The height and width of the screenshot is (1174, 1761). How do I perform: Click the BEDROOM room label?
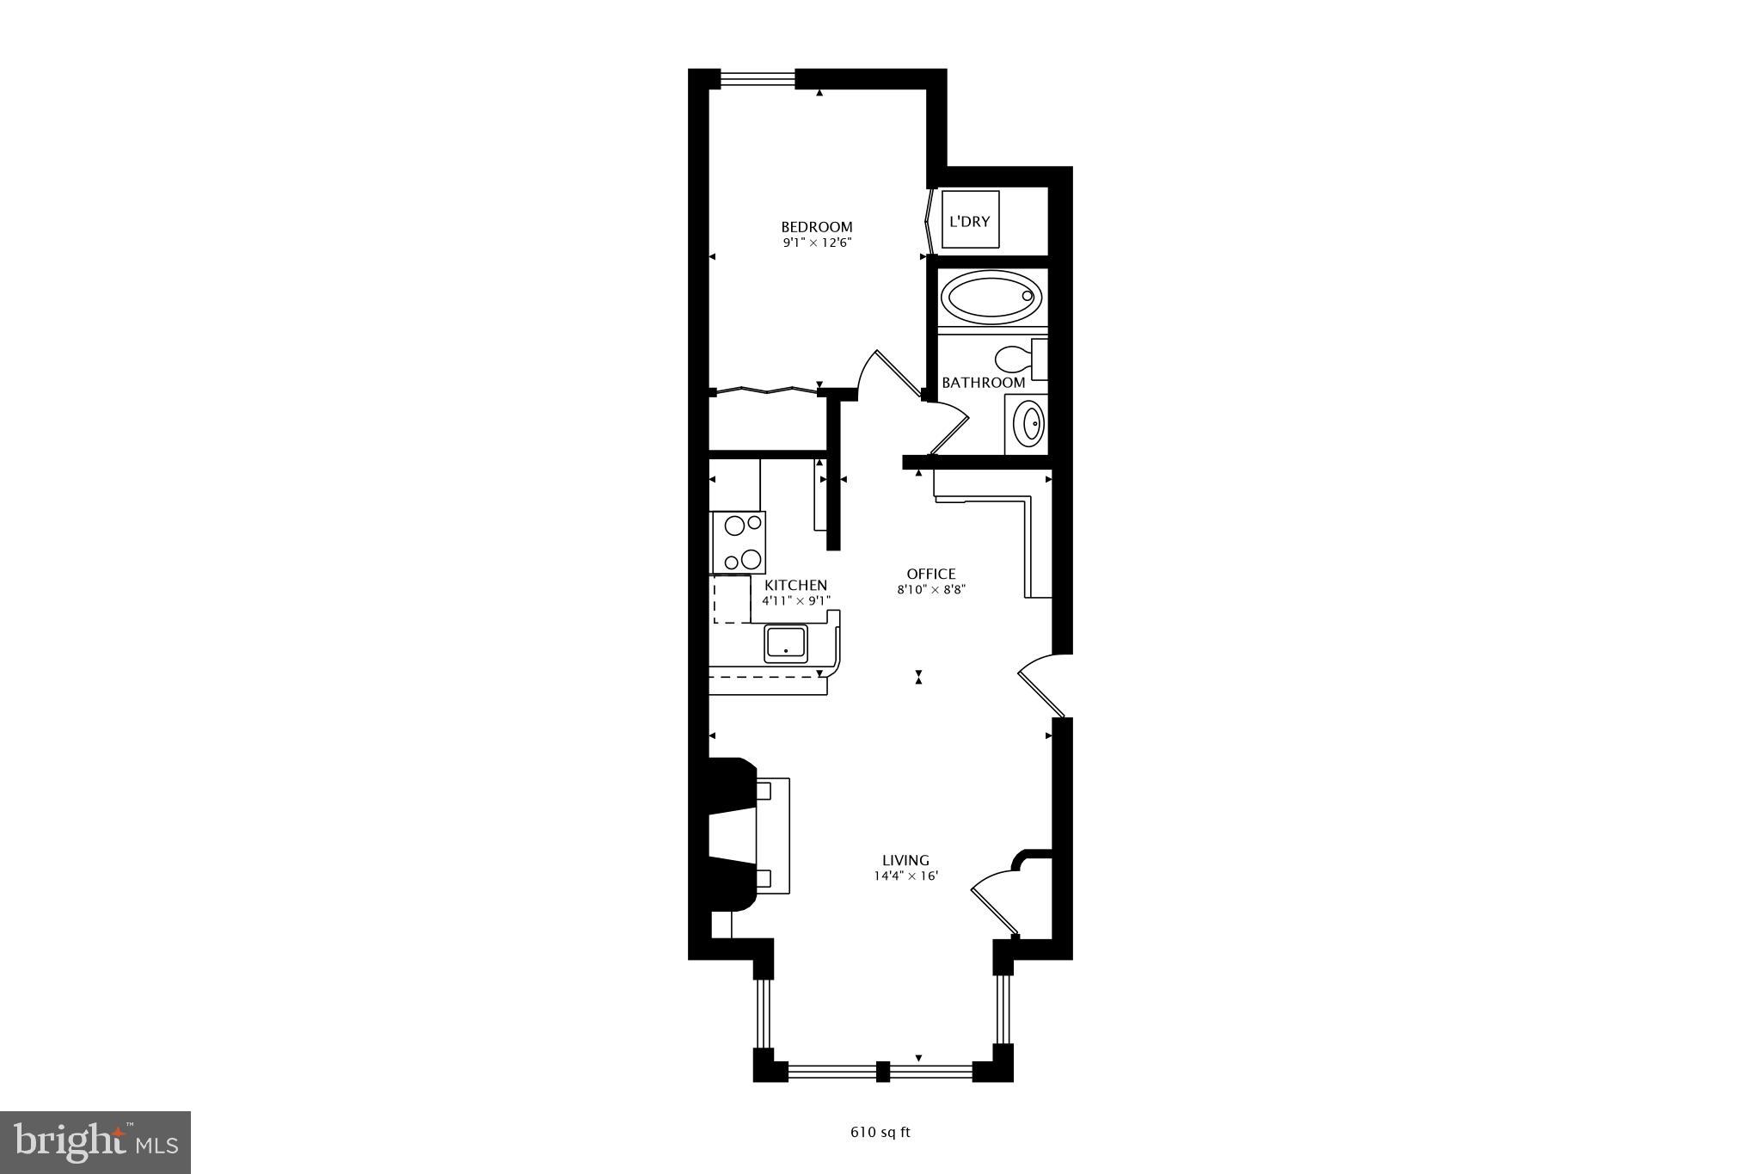click(x=816, y=227)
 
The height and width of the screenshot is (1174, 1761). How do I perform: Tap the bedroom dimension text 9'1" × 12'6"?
click(x=816, y=243)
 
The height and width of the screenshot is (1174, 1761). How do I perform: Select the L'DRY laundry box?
click(x=970, y=220)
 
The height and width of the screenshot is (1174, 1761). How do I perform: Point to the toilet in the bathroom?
click(x=1015, y=358)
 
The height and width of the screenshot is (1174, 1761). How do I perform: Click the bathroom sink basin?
click(x=1028, y=423)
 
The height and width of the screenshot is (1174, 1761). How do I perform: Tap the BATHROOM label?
click(x=983, y=383)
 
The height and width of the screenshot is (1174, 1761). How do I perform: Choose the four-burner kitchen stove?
click(x=739, y=542)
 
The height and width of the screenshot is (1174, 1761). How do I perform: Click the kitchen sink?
click(x=786, y=644)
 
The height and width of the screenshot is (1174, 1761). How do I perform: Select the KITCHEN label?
click(x=795, y=586)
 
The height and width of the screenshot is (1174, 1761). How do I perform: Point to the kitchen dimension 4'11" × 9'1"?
click(x=795, y=601)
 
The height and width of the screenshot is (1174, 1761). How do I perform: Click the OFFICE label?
click(x=931, y=574)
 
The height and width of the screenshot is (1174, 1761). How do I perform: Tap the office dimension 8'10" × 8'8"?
click(x=931, y=590)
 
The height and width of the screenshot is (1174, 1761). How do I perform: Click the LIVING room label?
click(x=906, y=860)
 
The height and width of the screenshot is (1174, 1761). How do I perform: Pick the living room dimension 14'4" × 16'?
click(x=906, y=876)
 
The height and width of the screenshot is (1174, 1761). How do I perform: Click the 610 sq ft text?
click(x=880, y=1132)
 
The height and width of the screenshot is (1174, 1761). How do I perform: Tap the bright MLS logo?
click(x=95, y=1142)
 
